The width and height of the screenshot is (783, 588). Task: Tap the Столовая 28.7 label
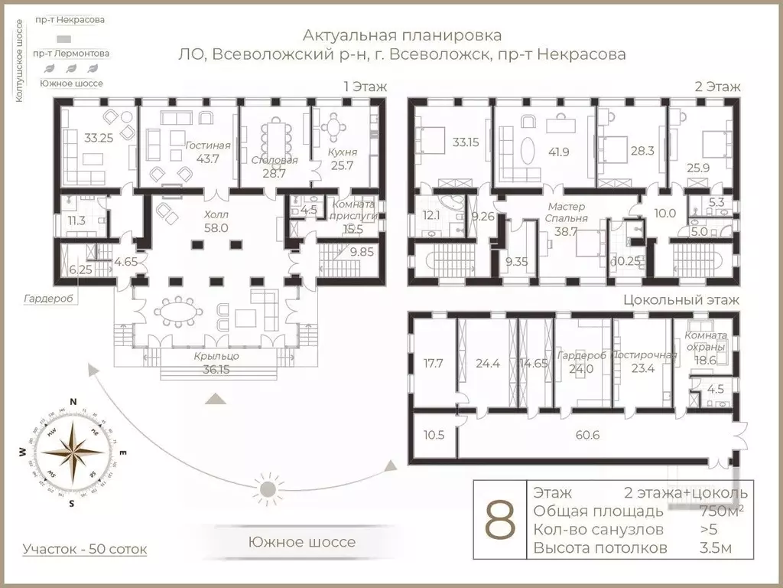click(x=274, y=166)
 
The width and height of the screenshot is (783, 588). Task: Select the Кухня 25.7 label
click(x=342, y=158)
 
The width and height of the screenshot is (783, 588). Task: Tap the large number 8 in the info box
click(x=500, y=521)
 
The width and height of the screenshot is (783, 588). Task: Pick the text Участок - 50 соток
click(x=84, y=549)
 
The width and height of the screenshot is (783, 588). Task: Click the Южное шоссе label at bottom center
click(x=302, y=542)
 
